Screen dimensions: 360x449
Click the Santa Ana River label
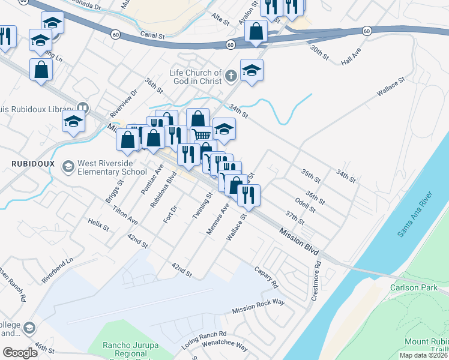pos(414,215)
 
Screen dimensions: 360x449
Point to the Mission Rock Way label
pos(258,307)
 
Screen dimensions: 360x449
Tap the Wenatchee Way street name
pos(225,346)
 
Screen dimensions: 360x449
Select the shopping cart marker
pos(201,135)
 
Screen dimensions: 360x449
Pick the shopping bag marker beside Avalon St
pos(256,31)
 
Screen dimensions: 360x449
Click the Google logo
pos(20,352)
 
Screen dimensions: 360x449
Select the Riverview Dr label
pos(124,103)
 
